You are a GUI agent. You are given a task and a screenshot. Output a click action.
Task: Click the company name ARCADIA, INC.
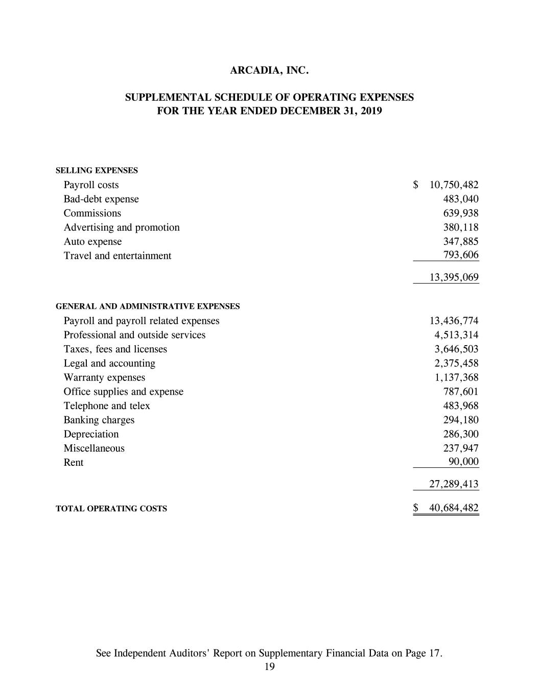click(269, 71)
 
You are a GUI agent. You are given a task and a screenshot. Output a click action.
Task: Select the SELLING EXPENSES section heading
click(97, 170)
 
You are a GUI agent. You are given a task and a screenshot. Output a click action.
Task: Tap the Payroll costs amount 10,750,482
click(454, 185)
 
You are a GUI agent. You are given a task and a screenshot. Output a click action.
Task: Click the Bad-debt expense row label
click(101, 199)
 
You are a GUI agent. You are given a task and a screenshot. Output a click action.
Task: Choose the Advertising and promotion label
click(122, 227)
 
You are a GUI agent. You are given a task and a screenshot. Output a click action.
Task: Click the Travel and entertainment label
click(118, 256)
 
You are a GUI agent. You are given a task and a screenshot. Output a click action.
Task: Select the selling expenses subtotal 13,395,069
click(454, 278)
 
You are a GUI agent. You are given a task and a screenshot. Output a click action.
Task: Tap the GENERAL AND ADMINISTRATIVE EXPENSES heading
click(148, 306)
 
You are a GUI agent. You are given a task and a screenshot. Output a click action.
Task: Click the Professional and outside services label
click(134, 335)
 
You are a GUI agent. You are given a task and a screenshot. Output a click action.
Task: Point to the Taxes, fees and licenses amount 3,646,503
click(456, 349)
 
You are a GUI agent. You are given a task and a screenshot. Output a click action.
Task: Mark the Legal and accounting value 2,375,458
click(456, 363)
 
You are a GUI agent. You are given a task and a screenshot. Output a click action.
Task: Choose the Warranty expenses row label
click(104, 377)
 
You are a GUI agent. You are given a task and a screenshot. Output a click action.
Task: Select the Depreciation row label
click(91, 434)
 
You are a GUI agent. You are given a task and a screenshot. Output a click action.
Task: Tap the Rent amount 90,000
click(463, 462)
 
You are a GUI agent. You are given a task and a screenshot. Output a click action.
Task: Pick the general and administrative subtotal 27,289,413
click(454, 484)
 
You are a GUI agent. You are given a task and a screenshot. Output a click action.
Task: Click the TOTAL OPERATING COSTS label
click(111, 509)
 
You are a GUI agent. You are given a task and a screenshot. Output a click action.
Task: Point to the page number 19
click(270, 666)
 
